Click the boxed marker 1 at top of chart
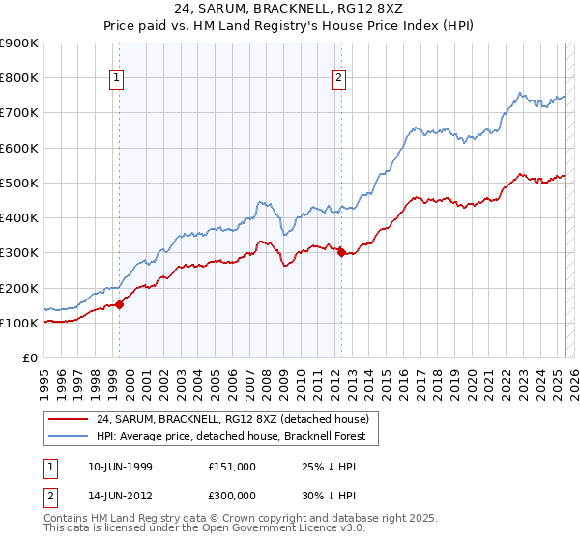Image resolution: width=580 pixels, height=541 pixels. tap(116, 79)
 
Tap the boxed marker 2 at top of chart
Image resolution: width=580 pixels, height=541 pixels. tap(339, 79)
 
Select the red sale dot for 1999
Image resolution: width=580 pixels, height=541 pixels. tap(119, 304)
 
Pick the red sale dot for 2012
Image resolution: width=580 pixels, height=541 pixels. tap(341, 253)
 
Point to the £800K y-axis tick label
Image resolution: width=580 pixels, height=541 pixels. tap(18, 78)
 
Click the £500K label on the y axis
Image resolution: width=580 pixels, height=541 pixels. tap(18, 183)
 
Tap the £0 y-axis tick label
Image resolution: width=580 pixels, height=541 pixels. tap(29, 357)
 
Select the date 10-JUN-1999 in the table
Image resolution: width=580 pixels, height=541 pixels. tap(119, 466)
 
